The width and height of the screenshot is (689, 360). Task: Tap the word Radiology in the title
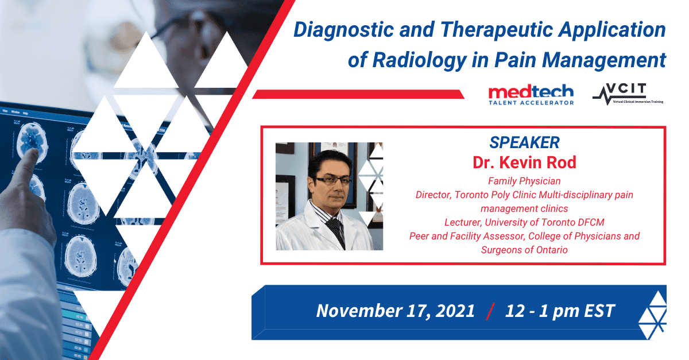[420, 60]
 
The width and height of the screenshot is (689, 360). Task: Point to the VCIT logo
[628, 94]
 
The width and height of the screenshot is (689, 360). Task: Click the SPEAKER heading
[524, 142]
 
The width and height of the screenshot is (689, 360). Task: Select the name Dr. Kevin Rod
[524, 162]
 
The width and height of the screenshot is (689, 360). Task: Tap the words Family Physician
[524, 181]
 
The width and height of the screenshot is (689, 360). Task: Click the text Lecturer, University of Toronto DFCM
[524, 222]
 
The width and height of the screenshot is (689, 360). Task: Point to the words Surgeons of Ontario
[524, 250]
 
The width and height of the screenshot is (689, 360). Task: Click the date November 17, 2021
[396, 311]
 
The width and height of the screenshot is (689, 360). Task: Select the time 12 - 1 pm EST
[560, 311]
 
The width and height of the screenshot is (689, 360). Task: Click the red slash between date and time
[490, 311]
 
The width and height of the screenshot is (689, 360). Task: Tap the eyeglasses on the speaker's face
[332, 180]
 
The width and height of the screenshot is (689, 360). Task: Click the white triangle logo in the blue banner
[652, 315]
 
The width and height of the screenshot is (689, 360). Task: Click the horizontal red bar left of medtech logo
[358, 94]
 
